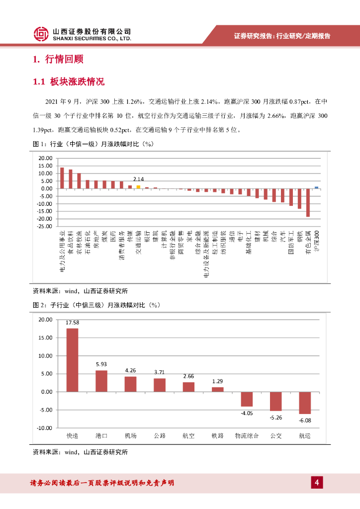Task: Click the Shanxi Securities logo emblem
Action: (41, 34)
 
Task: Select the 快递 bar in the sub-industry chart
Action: (73, 360)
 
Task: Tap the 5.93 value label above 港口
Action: (101, 365)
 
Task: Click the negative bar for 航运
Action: (304, 403)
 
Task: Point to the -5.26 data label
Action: (275, 418)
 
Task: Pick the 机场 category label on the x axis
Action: (130, 436)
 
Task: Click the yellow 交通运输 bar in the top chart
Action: (138, 187)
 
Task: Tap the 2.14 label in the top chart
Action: (138, 179)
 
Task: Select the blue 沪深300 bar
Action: (316, 187)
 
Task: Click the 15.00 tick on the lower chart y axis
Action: (46, 338)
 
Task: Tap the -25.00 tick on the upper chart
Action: (46, 226)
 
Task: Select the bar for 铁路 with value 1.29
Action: (217, 389)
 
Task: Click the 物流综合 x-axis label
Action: (247, 436)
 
